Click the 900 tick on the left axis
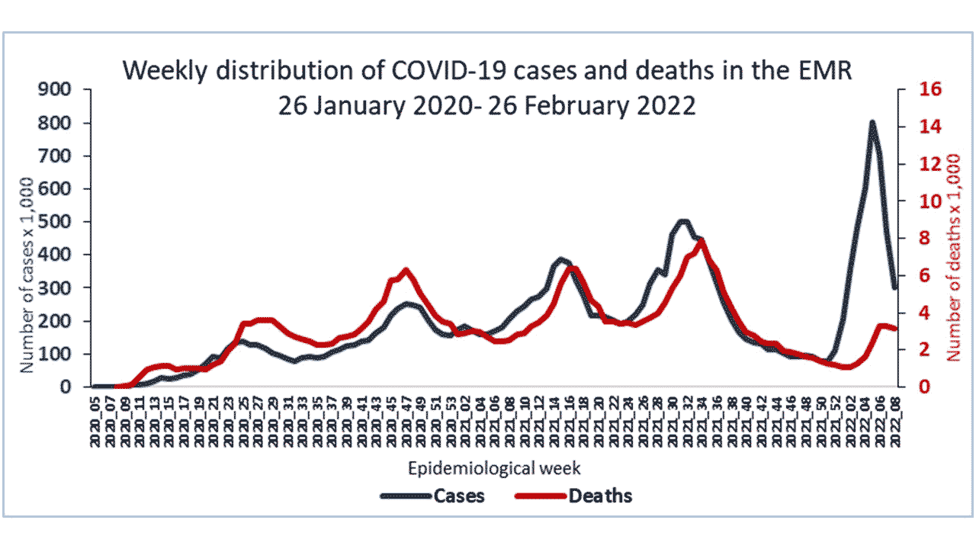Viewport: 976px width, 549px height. tap(55, 90)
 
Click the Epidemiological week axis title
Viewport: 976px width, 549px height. tap(495, 467)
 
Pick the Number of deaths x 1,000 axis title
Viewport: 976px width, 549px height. tap(953, 256)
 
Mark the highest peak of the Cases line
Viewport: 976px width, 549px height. tap(872, 122)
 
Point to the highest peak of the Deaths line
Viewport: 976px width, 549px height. tap(701, 239)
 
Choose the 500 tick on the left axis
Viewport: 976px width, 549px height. tap(55, 222)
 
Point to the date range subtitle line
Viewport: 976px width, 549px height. tap(486, 105)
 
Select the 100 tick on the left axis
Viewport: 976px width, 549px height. tap(55, 354)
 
